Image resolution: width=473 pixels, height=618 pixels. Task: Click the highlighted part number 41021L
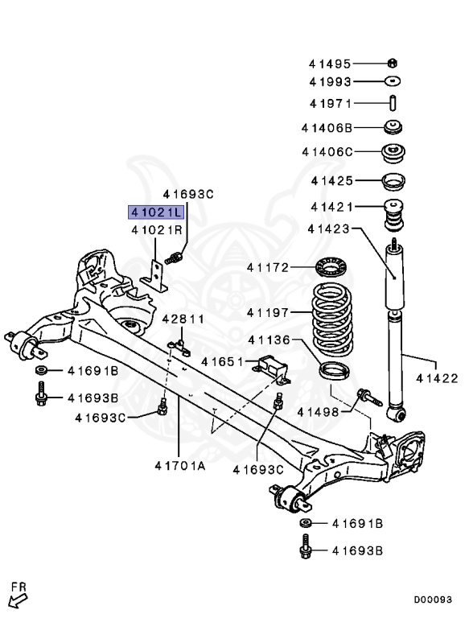click(156, 212)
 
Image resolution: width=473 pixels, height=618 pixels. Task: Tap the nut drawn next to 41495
click(393, 63)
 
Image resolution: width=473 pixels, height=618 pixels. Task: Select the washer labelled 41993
click(393, 81)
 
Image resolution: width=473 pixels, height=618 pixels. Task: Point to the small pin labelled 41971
click(393, 103)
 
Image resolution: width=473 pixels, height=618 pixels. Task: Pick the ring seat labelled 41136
click(334, 370)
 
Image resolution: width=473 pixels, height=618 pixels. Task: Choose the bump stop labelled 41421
click(393, 216)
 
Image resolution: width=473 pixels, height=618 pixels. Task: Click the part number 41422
click(437, 378)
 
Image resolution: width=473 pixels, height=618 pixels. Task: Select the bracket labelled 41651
click(272, 369)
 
